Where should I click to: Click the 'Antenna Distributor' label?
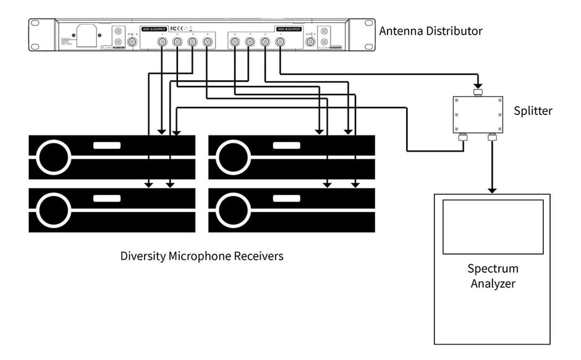coord(430,30)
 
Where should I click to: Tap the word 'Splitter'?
coord(533,111)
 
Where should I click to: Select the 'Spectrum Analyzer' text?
coord(493,276)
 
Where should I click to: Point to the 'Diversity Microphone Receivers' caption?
coord(201,255)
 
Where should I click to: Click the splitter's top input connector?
coord(477,92)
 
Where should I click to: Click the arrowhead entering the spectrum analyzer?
coord(492,189)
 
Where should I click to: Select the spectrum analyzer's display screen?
coord(493,226)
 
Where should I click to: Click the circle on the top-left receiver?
coord(54,158)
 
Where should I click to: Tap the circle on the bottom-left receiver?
coord(54,210)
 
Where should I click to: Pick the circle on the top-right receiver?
coord(234,158)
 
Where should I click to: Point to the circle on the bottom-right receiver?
coord(234,210)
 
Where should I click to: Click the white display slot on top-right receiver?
coord(286,147)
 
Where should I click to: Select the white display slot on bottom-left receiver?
coord(106,199)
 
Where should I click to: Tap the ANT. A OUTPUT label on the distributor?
coord(155,28)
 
